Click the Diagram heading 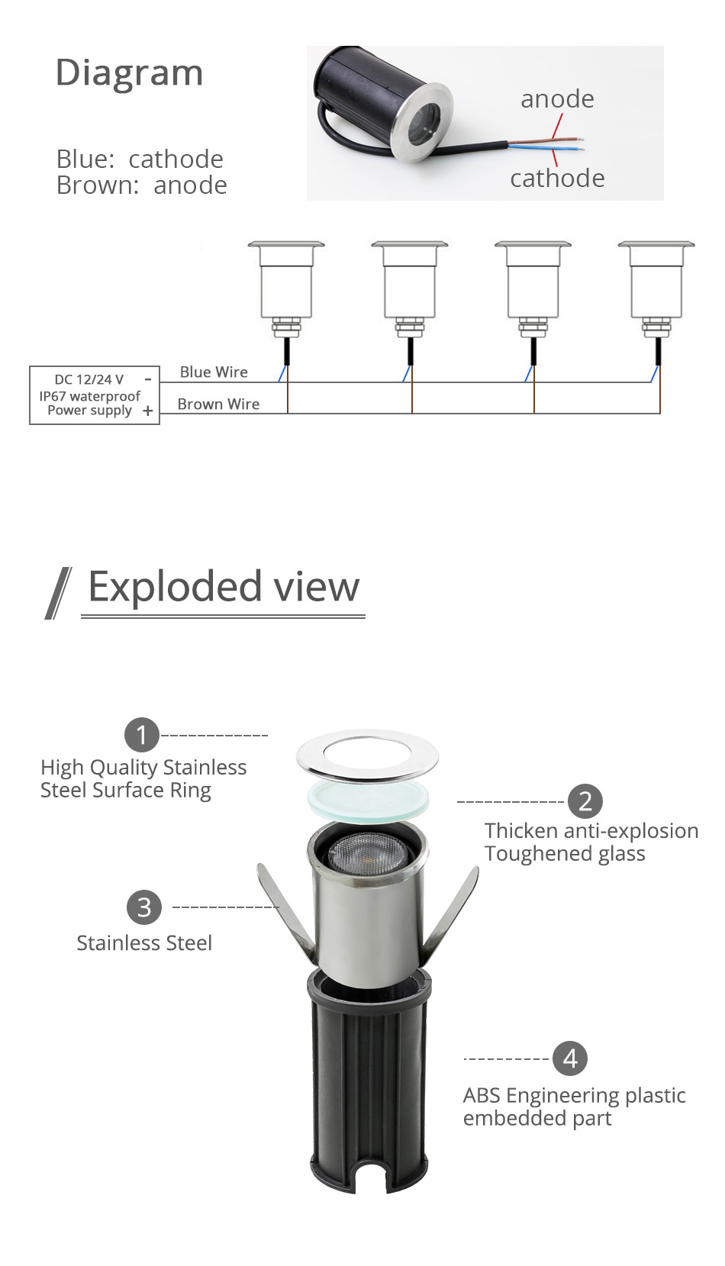[129, 73]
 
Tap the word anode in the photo [557, 99]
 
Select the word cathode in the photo [557, 179]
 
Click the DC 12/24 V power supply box [94, 395]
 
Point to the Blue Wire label [214, 372]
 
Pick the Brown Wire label [218, 404]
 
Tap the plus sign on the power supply [147, 411]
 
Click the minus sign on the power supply [148, 379]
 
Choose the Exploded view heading [223, 587]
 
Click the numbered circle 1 [141, 736]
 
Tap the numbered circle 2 [585, 801]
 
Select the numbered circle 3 [144, 908]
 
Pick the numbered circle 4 [570, 1058]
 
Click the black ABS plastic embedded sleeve [368, 1084]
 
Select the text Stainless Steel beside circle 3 [144, 943]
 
